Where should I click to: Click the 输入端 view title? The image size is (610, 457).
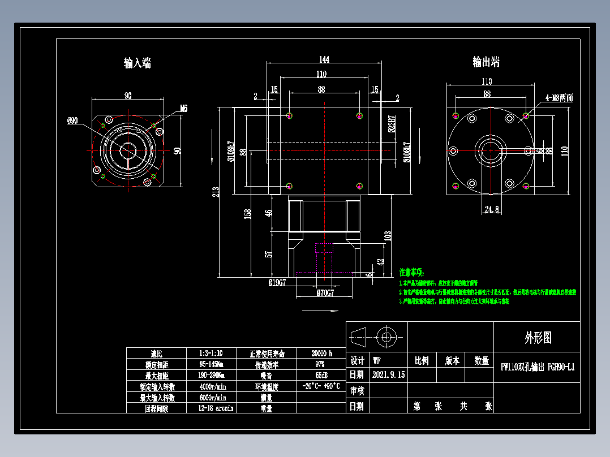(138, 63)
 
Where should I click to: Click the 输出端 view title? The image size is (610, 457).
(486, 62)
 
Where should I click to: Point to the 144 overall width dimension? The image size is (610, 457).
(324, 59)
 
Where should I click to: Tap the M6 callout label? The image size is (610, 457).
(184, 107)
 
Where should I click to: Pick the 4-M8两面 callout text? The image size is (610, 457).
(560, 98)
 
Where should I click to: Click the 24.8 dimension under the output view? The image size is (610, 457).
(492, 209)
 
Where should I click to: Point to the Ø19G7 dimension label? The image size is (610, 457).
(277, 281)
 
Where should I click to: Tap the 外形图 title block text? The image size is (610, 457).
(538, 338)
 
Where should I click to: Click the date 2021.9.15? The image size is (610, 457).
(389, 374)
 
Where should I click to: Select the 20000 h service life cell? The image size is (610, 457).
(321, 353)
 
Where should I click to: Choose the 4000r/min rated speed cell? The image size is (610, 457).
(213, 387)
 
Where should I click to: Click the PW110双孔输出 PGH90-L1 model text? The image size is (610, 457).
(538, 367)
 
